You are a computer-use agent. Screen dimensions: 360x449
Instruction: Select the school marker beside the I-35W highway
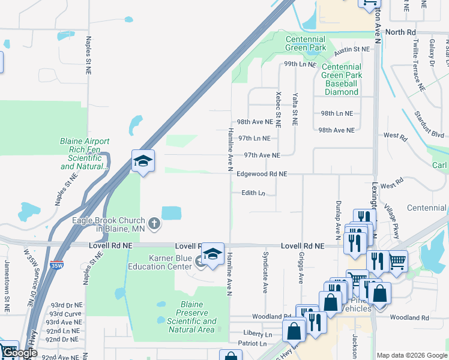click(x=143, y=161)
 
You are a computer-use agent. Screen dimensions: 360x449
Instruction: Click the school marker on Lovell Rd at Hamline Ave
click(x=212, y=254)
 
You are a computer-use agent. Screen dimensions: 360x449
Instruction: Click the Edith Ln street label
click(x=253, y=193)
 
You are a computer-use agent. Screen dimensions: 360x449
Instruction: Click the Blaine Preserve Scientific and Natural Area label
click(x=191, y=317)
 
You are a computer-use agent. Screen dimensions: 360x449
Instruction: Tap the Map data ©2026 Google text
click(x=411, y=355)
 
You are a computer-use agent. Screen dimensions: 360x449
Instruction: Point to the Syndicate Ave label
click(x=265, y=272)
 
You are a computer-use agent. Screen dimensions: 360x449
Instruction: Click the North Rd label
click(x=400, y=32)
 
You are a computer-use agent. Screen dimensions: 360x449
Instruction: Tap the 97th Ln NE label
click(x=254, y=138)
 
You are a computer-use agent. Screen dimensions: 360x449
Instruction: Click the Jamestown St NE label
click(x=7, y=294)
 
